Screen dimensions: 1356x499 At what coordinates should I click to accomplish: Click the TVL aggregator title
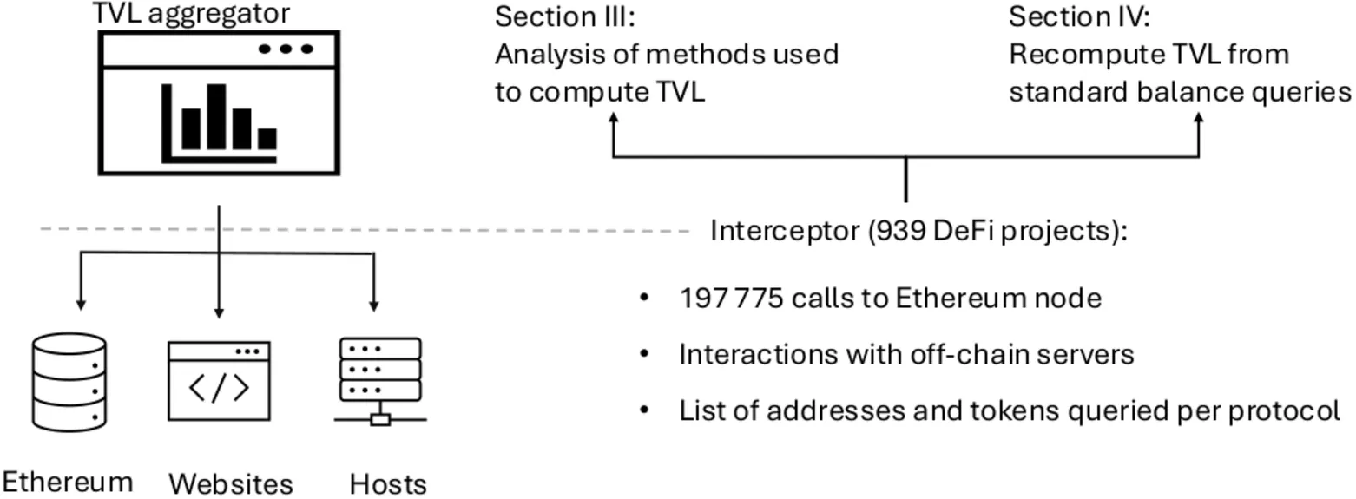(x=191, y=13)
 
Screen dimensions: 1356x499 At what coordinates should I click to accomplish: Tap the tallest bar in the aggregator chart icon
(x=216, y=116)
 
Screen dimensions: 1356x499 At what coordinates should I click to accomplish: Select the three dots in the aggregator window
(x=286, y=49)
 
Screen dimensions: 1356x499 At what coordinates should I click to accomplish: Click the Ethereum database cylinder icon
(x=69, y=382)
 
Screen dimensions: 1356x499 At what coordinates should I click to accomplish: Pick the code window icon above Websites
(x=219, y=381)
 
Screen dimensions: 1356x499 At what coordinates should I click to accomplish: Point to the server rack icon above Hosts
(x=380, y=381)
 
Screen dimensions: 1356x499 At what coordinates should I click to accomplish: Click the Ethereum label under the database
(x=68, y=482)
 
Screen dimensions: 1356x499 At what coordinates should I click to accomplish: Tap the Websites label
(x=231, y=483)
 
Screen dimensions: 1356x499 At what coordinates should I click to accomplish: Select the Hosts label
(x=388, y=484)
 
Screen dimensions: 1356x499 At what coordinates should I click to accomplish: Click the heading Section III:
(x=565, y=16)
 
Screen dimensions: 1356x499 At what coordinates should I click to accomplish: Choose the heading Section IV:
(x=1079, y=16)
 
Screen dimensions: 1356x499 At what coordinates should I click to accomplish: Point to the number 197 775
(x=731, y=299)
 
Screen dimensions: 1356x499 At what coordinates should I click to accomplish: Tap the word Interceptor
(x=785, y=231)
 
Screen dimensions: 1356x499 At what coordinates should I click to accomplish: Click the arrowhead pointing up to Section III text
(x=614, y=119)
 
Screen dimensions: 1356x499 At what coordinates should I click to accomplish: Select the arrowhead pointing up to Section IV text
(x=1199, y=119)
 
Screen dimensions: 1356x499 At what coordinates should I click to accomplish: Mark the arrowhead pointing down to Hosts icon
(x=374, y=305)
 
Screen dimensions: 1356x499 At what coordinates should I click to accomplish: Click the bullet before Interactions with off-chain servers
(x=644, y=354)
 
